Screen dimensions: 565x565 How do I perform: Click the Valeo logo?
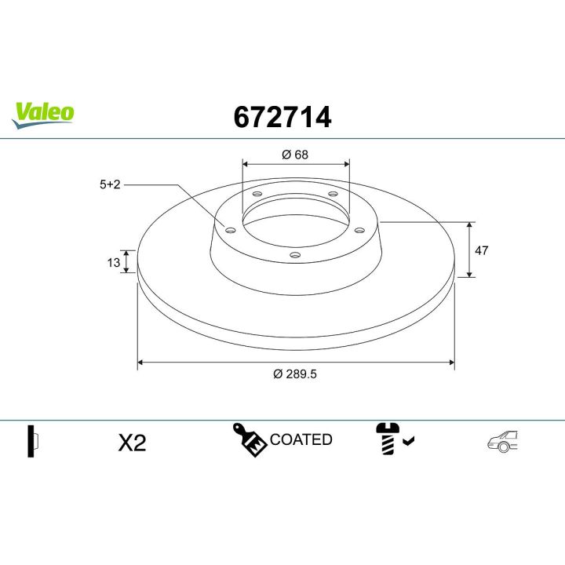44,113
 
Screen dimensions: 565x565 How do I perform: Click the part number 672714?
282,117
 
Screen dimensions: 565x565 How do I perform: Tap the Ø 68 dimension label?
295,155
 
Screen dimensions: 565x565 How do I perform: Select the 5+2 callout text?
109,184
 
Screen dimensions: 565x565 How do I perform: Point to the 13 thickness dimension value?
113,262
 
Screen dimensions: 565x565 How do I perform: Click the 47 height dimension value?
482,250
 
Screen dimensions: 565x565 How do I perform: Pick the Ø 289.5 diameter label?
295,374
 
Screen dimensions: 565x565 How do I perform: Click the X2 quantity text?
132,443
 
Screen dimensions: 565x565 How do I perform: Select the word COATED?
301,439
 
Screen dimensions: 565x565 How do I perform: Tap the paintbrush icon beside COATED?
249,439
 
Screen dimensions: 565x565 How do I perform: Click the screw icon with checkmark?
390,439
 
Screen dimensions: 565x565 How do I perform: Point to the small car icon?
502,442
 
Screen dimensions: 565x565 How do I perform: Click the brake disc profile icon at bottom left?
33,441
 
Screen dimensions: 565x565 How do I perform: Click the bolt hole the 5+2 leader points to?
230,230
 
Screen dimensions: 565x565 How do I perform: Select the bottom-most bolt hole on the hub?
294,254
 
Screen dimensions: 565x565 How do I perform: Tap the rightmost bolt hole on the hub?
359,230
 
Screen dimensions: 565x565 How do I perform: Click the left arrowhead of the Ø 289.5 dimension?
141,363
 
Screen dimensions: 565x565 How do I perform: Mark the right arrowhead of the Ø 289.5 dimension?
451,363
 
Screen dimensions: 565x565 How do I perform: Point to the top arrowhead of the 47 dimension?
469,225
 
